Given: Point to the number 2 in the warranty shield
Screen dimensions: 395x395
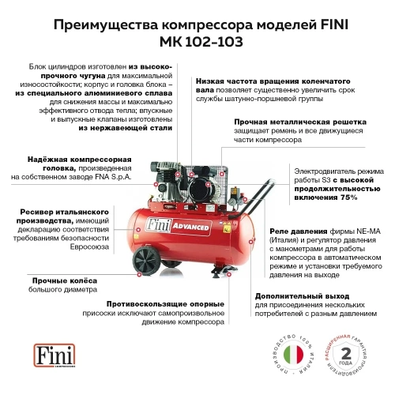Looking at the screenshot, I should [x=345, y=350].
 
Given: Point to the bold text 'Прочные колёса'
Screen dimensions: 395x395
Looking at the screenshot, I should [x=65, y=280].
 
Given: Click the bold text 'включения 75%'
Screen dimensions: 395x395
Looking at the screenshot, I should [x=325, y=197].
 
